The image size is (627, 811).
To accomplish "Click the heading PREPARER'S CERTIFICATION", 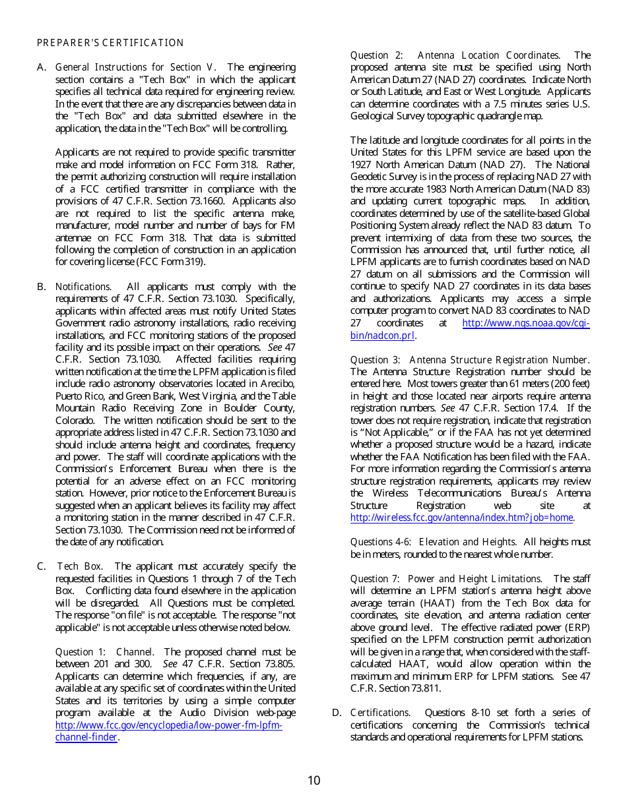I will [x=110, y=43].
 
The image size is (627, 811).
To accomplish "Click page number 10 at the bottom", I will [x=313, y=781].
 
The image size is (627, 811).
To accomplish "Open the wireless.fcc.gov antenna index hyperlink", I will [x=461, y=518].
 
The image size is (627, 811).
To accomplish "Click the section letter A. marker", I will [x=41, y=67].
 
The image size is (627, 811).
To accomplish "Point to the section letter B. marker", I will [x=41, y=287].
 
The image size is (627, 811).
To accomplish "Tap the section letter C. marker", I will [x=41, y=566].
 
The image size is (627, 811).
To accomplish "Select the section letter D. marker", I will [x=337, y=713].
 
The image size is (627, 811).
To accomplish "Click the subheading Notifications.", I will [x=84, y=287].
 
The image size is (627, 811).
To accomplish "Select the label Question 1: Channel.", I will [x=105, y=652].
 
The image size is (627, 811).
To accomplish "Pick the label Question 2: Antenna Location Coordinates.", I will [x=455, y=55].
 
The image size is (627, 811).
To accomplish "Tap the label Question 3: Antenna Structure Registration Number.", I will [x=469, y=360].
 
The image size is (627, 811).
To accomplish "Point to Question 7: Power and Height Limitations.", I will [x=446, y=579].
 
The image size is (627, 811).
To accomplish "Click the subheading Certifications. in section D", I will [x=380, y=713].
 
